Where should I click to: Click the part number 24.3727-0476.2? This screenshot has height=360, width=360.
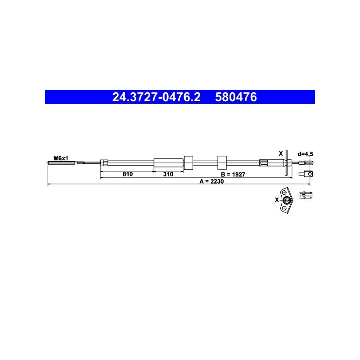(156, 97)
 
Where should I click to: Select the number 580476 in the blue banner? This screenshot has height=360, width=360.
(236, 97)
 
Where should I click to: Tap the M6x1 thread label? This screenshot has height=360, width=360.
(61, 158)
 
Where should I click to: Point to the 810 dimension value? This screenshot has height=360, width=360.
(128, 174)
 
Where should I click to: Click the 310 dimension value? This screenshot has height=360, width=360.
(168, 174)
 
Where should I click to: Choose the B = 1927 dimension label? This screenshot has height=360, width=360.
(233, 175)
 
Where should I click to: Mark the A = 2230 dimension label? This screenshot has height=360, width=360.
(211, 181)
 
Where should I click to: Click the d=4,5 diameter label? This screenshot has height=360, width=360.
(306, 154)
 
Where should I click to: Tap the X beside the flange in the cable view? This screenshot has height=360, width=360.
(280, 153)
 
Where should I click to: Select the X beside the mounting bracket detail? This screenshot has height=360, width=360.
(277, 200)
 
